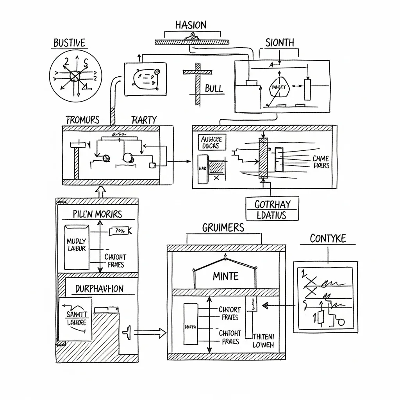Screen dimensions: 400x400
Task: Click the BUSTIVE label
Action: pyautogui.click(x=70, y=43)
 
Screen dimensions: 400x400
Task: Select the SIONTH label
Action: pyautogui.click(x=280, y=43)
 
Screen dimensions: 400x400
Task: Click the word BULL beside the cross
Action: pyautogui.click(x=214, y=89)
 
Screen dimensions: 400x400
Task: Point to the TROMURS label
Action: pyautogui.click(x=82, y=120)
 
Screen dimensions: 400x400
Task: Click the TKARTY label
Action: pyautogui.click(x=144, y=120)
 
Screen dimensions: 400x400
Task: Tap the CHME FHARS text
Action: pyautogui.click(x=321, y=162)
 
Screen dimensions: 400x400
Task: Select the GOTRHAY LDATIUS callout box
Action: pyautogui.click(x=272, y=209)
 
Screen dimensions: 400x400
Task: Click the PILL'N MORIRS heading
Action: pyautogui.click(x=97, y=214)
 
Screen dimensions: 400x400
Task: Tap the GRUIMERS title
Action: pyautogui.click(x=223, y=228)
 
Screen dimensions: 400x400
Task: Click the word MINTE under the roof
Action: pyautogui.click(x=225, y=277)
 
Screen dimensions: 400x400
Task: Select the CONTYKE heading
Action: pyautogui.click(x=328, y=238)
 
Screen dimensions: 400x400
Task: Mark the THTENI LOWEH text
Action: pyautogui.click(x=264, y=341)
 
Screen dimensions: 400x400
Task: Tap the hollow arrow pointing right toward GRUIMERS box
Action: pyautogui.click(x=150, y=332)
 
